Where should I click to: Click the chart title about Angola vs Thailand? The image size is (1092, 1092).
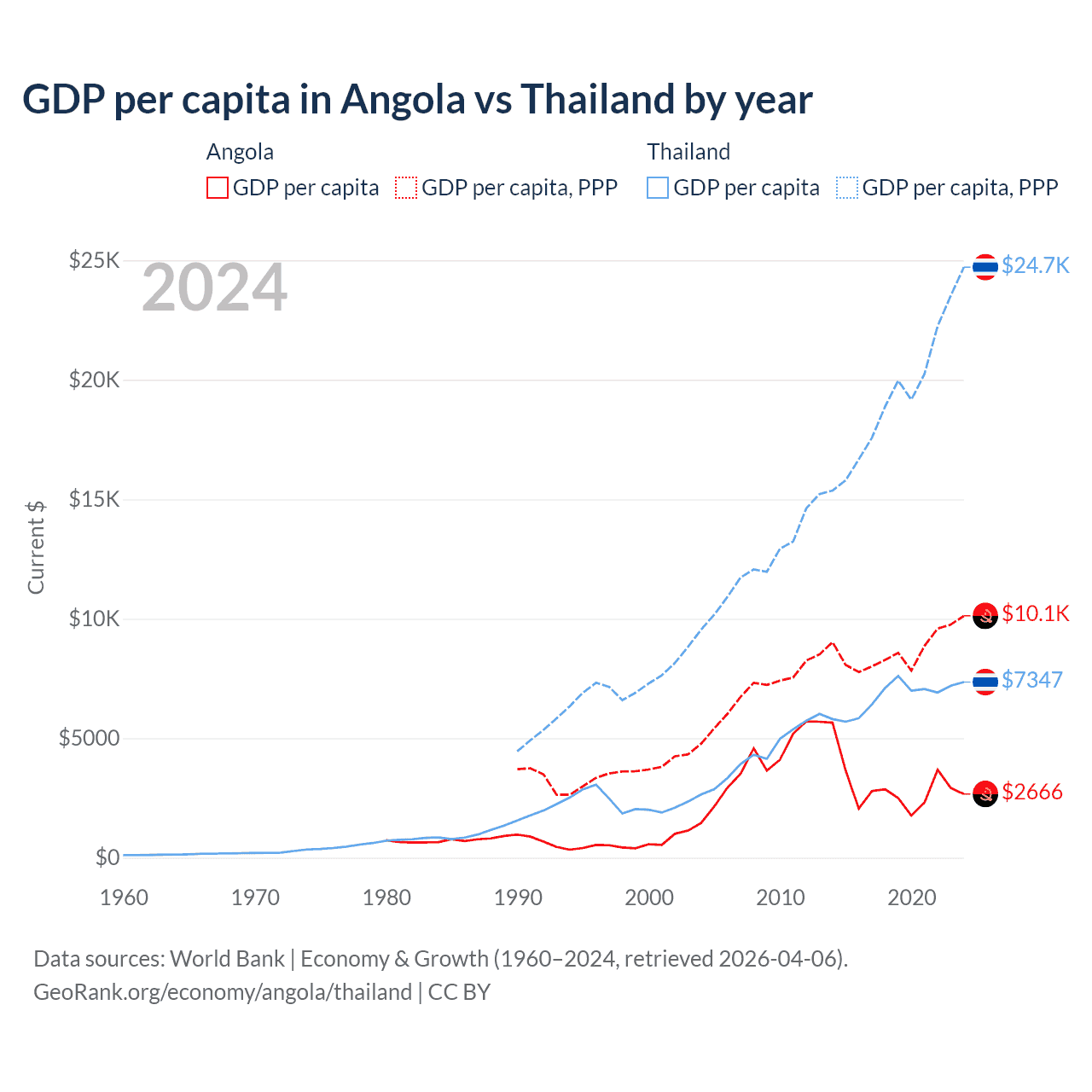click(417, 100)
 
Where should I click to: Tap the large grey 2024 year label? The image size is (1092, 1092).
click(214, 288)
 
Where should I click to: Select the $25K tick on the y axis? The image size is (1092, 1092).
click(94, 260)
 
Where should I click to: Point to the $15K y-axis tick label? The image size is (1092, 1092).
click(94, 499)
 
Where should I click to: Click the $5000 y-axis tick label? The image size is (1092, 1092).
click(89, 738)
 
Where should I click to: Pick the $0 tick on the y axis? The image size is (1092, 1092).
click(107, 857)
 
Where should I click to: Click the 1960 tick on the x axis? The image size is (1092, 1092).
click(125, 897)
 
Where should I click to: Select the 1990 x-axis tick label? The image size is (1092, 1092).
click(518, 897)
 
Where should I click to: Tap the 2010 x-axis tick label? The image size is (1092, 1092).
click(781, 897)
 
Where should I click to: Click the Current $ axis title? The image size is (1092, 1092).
click(36, 547)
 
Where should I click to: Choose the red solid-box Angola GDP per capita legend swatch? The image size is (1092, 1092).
click(218, 188)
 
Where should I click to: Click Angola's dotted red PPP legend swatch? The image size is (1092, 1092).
click(406, 188)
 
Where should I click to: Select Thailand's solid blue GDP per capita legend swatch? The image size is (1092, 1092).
click(658, 188)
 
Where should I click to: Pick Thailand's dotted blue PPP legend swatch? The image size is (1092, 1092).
click(847, 188)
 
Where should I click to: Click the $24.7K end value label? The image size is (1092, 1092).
click(1035, 265)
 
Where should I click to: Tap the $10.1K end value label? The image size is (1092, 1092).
click(1035, 613)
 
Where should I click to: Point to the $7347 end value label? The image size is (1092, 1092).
click(1031, 680)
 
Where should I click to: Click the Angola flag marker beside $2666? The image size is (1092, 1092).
click(985, 793)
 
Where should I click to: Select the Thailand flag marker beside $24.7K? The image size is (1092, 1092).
click(985, 267)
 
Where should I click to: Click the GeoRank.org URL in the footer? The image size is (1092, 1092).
click(223, 992)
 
